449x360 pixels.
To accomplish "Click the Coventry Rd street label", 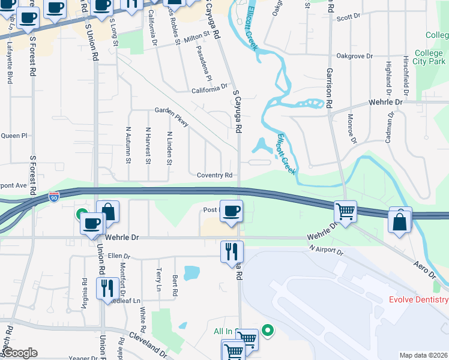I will tap(214, 175).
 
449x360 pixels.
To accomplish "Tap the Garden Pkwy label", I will tap(172, 116).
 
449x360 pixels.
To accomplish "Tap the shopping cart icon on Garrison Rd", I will tap(346, 211).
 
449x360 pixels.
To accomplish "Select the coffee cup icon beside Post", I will tap(232, 211).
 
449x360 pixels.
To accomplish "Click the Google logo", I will tap(20, 353).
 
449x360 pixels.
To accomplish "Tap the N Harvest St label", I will tap(148, 145).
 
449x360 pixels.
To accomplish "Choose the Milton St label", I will tap(200, 37).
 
